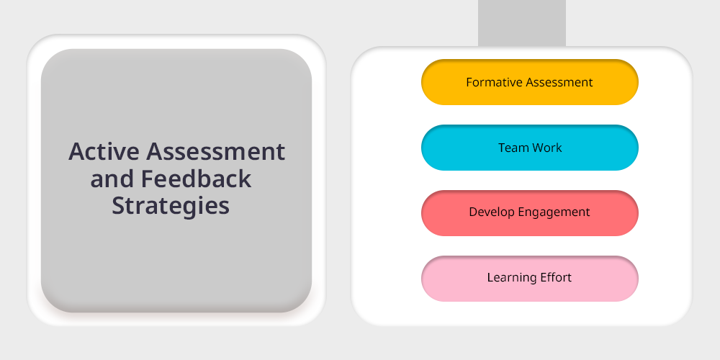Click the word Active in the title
point(104,151)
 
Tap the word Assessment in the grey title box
point(216,151)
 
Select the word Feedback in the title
point(196,178)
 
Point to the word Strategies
point(171,206)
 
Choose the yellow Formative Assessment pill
point(530,82)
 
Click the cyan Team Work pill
point(530,148)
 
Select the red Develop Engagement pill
point(530,213)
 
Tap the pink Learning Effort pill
point(530,278)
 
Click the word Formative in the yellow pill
point(495,82)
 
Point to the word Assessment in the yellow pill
point(559,82)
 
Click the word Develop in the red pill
point(490,212)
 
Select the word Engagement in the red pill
point(552,212)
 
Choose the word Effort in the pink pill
point(556,277)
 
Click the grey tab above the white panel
point(521,23)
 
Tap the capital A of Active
point(77,151)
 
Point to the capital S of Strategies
point(118,206)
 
